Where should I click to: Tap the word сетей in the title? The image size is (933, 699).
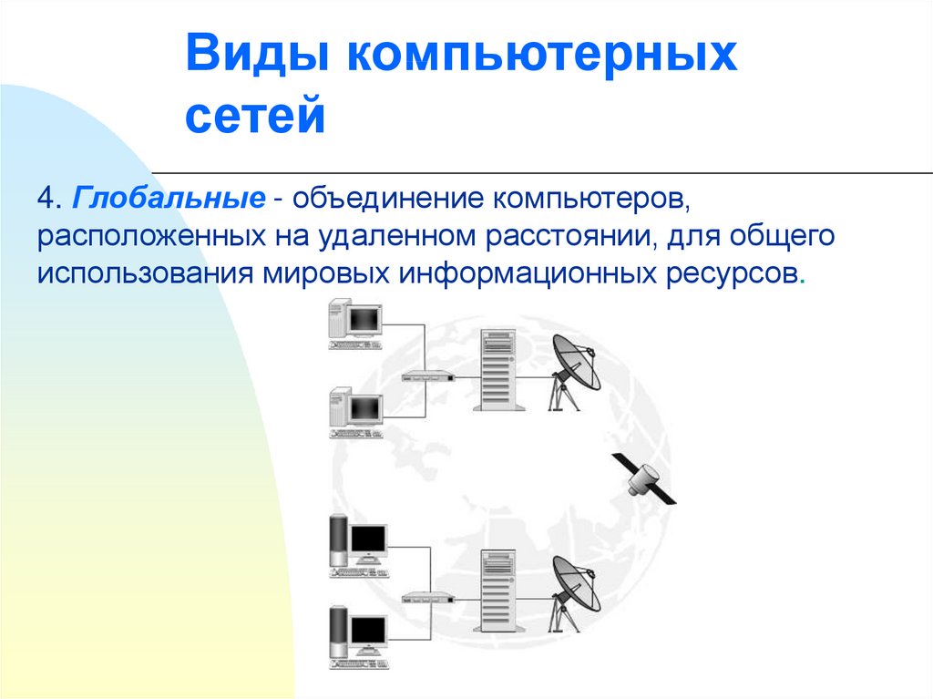click(x=255, y=115)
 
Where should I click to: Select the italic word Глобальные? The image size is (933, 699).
click(x=169, y=199)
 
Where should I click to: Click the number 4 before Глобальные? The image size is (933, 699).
click(x=46, y=199)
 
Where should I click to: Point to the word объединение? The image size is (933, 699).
click(x=386, y=199)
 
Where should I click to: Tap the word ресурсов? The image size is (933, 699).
click(x=733, y=274)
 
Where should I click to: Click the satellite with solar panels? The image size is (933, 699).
click(x=644, y=478)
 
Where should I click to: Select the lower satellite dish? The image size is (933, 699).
click(x=574, y=593)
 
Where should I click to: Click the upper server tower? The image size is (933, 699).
click(x=498, y=370)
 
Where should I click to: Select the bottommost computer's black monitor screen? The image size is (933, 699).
click(x=369, y=628)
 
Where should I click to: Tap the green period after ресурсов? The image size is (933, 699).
click(x=803, y=283)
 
